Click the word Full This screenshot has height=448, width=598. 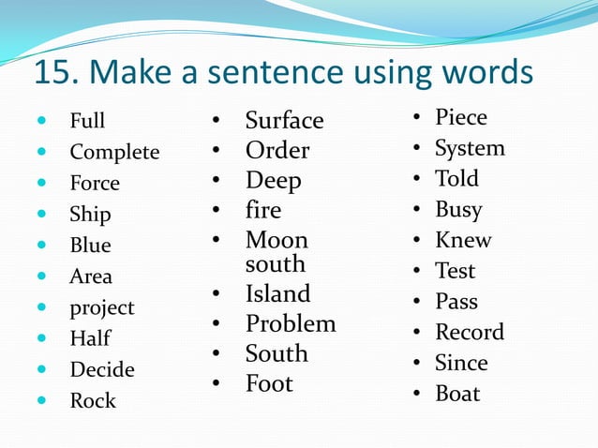coord(87,122)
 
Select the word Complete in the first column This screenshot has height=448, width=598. coord(114,153)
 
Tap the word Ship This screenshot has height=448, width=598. coord(90,215)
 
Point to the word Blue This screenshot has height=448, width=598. coord(90,246)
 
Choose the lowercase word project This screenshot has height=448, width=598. coord(102,308)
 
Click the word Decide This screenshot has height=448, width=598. coord(102,370)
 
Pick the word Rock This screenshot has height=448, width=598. coord(93,401)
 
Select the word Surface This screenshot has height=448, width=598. coord(284,121)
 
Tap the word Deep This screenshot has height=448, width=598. coord(273,181)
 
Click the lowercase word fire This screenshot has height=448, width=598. coord(263,211)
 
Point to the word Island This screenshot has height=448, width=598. coord(277,294)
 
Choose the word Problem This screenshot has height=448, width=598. coord(291,324)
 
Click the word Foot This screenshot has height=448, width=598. coord(269,384)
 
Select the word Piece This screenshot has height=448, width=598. coord(461,118)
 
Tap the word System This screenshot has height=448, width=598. coord(470,149)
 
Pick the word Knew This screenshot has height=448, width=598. coord(463,241)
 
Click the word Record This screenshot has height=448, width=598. coord(470,333)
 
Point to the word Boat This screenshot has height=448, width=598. coord(457,394)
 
